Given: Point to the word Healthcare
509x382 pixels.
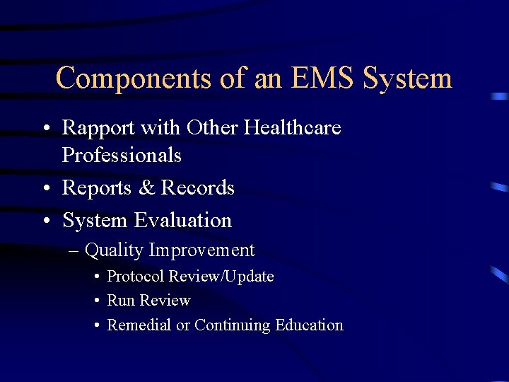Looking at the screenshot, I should click(x=292, y=128).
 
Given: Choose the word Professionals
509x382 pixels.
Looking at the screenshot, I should click(x=122, y=155).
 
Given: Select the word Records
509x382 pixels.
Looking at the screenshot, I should click(x=197, y=187).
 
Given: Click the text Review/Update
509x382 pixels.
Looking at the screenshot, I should click(x=229, y=277).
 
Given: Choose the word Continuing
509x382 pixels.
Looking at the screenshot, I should click(x=233, y=325).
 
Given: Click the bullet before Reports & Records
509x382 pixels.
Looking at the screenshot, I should click(x=46, y=188).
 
